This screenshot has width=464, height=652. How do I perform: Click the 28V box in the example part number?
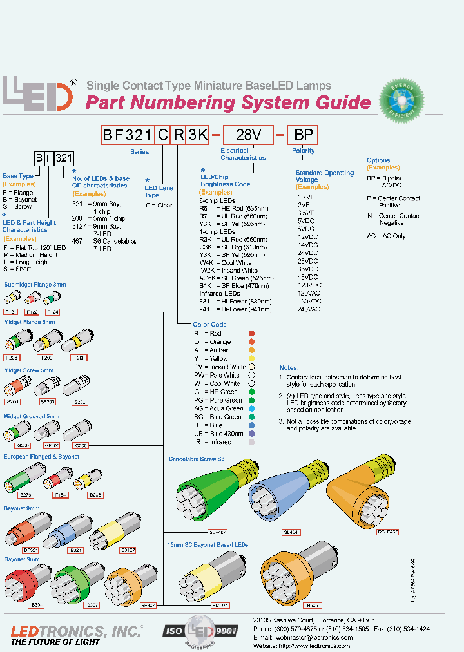tap(248, 135)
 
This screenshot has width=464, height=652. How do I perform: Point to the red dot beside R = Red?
tap(251, 334)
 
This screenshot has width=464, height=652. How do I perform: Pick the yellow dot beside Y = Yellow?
tap(251, 358)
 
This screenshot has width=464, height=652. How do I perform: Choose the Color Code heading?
tap(209, 325)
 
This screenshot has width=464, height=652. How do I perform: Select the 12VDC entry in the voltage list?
tap(308, 237)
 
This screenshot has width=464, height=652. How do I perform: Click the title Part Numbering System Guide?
tap(228, 103)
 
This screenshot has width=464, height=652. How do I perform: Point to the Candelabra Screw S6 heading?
tap(197, 460)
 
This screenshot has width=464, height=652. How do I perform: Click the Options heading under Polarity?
tap(378, 160)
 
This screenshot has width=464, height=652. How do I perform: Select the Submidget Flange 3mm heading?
tap(35, 284)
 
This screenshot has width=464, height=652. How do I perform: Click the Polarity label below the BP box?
tap(304, 151)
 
